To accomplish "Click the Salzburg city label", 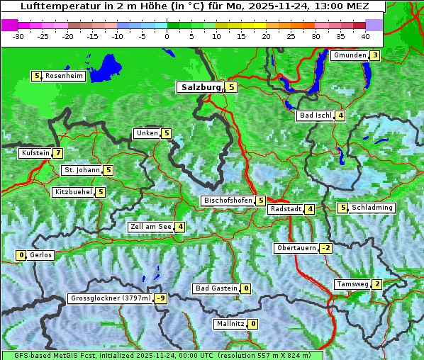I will [x=201, y=87].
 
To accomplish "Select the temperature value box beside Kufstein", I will [x=57, y=153].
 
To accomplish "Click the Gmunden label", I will [x=350, y=55].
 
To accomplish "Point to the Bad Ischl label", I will [x=316, y=116].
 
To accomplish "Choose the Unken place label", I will [x=147, y=133].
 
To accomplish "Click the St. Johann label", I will [x=81, y=170].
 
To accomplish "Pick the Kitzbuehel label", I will [x=73, y=192].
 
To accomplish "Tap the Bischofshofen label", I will [x=228, y=201].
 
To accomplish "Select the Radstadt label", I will [x=285, y=209].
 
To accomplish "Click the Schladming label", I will [x=372, y=208].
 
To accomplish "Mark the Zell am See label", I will [x=150, y=227].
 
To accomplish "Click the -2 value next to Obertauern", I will [x=325, y=248].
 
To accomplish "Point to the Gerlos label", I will [x=41, y=255].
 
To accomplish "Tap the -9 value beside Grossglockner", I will [x=161, y=299].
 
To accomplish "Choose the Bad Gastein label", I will [x=216, y=288].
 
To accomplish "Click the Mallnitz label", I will [x=230, y=324].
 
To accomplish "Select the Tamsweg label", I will [x=352, y=284].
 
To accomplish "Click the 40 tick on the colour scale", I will [x=365, y=36].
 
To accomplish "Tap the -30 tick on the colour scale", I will [x=18, y=36].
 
